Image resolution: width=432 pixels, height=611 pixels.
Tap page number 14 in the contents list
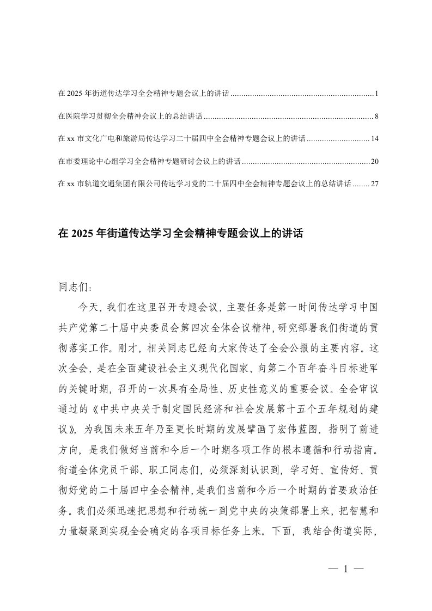(x=374, y=139)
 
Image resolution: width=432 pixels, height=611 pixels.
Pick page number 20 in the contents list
(x=374, y=162)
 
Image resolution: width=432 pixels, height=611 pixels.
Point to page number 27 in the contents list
(x=374, y=184)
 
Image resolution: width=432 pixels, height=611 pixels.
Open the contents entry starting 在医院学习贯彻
(x=130, y=117)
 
